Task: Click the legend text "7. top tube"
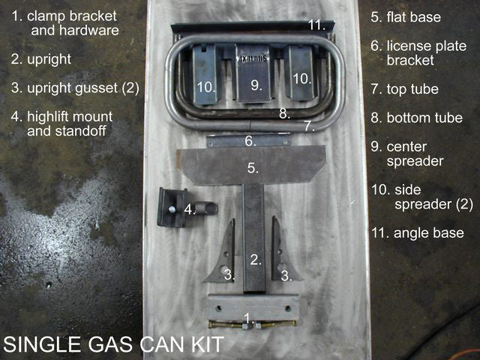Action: click(405, 89)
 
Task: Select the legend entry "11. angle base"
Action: click(418, 233)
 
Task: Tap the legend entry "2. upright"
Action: click(41, 59)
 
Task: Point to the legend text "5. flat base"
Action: click(406, 17)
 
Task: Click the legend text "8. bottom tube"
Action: click(416, 118)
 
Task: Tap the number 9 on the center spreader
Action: click(256, 85)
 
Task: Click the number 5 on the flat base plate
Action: click(253, 168)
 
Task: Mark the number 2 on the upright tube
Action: click(256, 260)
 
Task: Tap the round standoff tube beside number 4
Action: click(206, 208)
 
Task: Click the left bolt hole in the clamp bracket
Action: click(218, 308)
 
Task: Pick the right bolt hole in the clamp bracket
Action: click(288, 308)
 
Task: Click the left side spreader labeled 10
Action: click(205, 74)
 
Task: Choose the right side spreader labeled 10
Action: click(301, 73)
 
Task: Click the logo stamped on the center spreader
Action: click(253, 58)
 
